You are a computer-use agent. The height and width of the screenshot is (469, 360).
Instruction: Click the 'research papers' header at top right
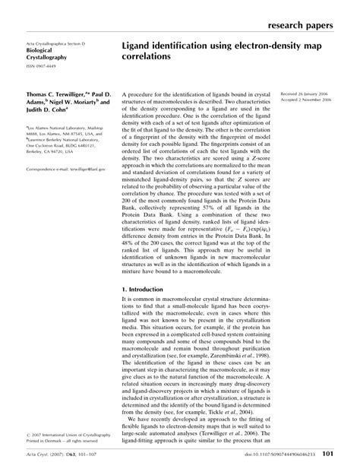tap(306, 25)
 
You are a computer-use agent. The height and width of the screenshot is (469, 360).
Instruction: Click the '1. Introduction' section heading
tap(147, 290)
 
